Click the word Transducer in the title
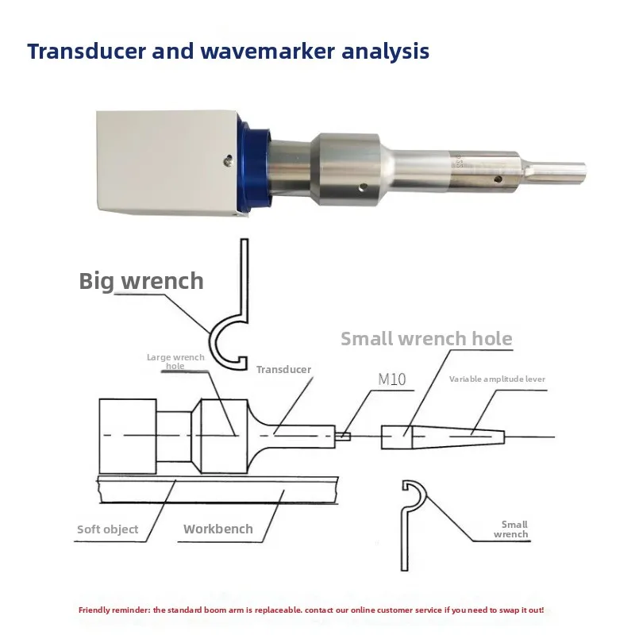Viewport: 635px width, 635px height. point(87,52)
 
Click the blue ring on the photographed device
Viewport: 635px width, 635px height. point(253,164)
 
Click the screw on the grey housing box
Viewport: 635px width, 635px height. point(229,161)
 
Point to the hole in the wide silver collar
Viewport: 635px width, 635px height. point(364,187)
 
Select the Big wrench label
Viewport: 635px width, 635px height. point(141,281)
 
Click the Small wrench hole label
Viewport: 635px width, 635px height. point(426,339)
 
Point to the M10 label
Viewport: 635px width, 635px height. point(392,379)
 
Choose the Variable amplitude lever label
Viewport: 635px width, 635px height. point(497,379)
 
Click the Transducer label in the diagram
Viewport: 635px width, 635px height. point(283,369)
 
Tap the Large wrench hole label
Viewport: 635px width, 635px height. point(175,361)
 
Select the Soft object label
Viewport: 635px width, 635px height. point(108,529)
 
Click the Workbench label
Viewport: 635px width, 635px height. point(217,529)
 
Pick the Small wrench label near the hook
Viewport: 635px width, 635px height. point(511,529)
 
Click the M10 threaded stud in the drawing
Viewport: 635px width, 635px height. point(343,436)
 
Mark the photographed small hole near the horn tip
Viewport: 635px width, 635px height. point(498,179)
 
